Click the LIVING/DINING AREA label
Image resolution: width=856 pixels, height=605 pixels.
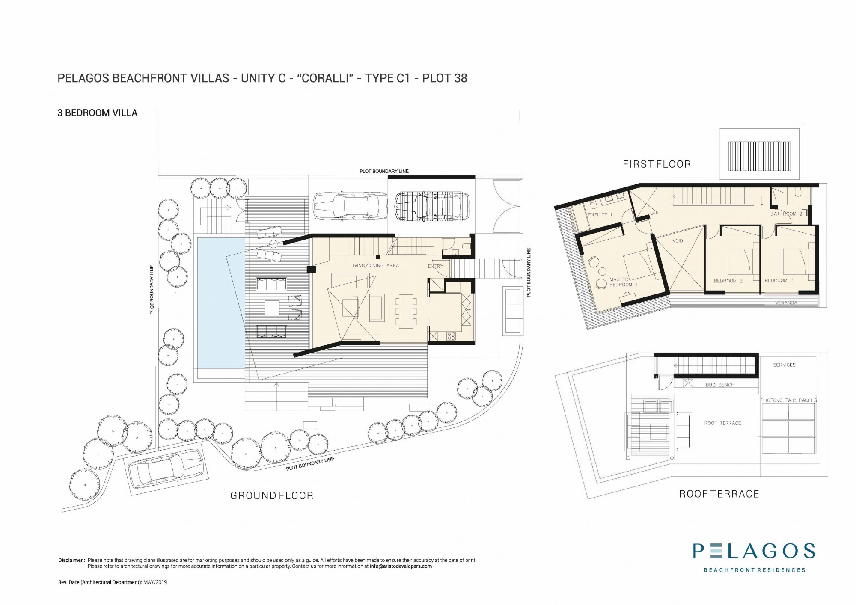pyautogui.click(x=374, y=266)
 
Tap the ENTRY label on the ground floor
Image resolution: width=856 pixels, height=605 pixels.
pyautogui.click(x=436, y=266)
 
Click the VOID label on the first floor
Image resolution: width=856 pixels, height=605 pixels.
pyautogui.click(x=678, y=241)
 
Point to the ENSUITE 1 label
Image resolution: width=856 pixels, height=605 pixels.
pyautogui.click(x=600, y=215)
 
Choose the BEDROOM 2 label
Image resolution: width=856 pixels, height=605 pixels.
pyautogui.click(x=728, y=281)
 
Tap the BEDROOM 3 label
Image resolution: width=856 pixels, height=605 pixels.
pyautogui.click(x=779, y=281)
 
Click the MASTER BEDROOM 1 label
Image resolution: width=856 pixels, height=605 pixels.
pyautogui.click(x=623, y=282)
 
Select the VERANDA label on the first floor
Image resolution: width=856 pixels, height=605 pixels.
pyautogui.click(x=786, y=303)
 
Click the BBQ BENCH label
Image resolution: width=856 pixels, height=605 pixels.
pyautogui.click(x=720, y=385)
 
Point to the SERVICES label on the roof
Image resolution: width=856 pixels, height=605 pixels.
pyautogui.click(x=784, y=365)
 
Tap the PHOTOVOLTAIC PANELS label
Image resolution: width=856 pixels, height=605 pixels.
pyautogui.click(x=788, y=400)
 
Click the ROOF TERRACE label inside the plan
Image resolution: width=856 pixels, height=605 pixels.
pyautogui.click(x=722, y=423)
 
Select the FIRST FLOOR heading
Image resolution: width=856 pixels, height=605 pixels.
pyautogui.click(x=657, y=164)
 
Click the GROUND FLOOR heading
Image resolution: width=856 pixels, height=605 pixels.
pyautogui.click(x=272, y=495)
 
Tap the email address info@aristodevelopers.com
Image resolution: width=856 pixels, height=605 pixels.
pyautogui.click(x=401, y=566)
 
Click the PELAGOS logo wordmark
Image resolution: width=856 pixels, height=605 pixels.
pyautogui.click(x=754, y=551)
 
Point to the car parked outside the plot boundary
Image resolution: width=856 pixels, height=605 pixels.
pyautogui.click(x=167, y=469)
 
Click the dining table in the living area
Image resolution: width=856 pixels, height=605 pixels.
pyautogui.click(x=406, y=311)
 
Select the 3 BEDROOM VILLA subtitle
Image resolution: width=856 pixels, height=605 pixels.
pyautogui.click(x=98, y=113)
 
